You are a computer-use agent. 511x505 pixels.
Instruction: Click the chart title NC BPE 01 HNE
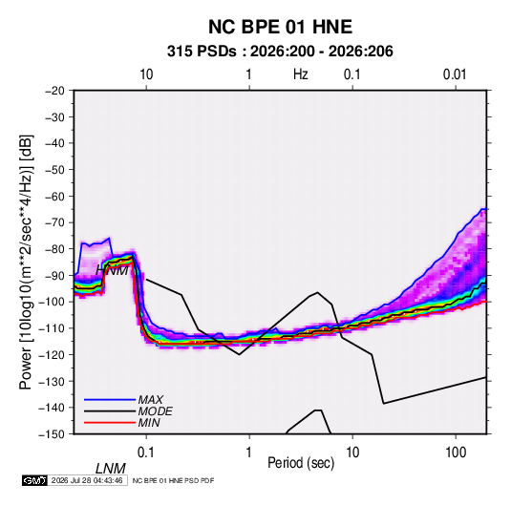280,27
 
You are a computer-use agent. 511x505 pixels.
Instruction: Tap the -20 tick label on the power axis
54,91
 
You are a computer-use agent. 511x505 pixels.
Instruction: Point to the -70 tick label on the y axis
54,222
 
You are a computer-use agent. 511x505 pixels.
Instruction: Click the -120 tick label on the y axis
52,354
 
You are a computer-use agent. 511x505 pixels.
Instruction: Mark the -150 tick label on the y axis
52,434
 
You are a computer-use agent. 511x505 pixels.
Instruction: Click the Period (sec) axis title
301,463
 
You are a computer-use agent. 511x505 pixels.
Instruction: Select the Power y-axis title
26,263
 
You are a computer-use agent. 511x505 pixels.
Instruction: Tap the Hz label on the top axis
301,74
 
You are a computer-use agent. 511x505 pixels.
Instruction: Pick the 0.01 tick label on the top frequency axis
455,74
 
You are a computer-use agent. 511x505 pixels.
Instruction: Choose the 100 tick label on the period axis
456,452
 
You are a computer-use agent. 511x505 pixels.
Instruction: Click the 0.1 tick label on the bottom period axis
146,452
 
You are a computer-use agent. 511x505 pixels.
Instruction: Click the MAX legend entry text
151,399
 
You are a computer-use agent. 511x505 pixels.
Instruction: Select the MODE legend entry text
155,411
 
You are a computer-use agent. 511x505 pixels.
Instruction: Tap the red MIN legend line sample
110,423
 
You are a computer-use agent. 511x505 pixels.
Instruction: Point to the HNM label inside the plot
112,270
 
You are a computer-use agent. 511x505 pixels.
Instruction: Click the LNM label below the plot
111,469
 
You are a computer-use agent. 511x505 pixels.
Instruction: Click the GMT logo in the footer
34,480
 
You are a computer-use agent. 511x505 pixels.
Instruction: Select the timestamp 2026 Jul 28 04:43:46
87,480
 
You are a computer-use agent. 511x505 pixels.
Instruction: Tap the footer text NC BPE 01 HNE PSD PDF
173,480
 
